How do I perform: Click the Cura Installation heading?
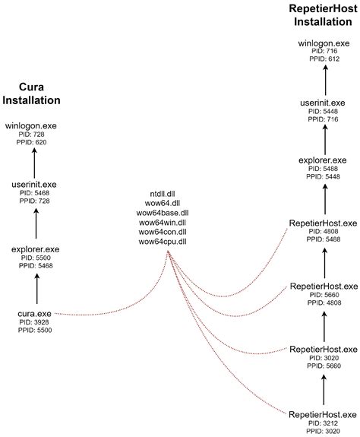tap(32, 94)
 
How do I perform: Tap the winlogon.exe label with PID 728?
tap(30, 125)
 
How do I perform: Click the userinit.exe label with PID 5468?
tap(35, 185)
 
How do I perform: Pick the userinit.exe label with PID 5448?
tap(324, 101)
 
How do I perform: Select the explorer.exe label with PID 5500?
tap(36, 249)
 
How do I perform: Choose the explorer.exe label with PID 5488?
tap(324, 161)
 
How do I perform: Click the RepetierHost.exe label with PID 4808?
tap(324, 223)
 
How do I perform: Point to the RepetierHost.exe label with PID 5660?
tap(324, 286)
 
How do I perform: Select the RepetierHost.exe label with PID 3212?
tap(324, 413)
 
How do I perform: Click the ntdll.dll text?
tap(167, 193)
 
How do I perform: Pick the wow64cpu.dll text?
tap(167, 242)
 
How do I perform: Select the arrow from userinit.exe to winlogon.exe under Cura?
tap(35, 160)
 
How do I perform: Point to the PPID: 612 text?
tap(324, 58)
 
